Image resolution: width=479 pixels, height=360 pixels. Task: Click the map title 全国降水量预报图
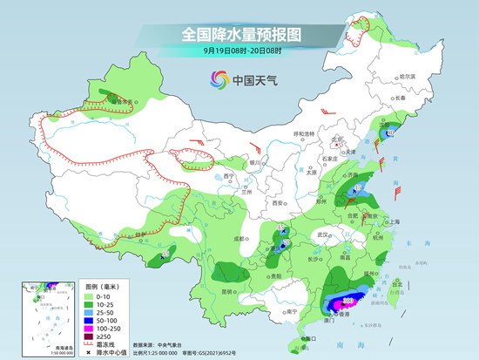(239, 35)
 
